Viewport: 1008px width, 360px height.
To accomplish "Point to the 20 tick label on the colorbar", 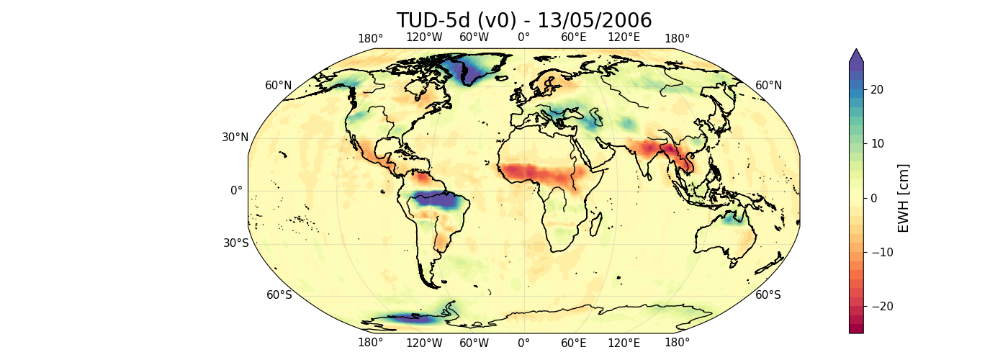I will point(878,89).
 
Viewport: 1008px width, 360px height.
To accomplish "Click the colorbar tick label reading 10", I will point(878,143).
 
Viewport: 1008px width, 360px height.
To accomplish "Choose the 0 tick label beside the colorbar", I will point(874,198).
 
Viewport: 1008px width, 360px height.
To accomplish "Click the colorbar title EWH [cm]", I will point(904,198).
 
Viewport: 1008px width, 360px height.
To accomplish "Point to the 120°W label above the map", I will point(424,37).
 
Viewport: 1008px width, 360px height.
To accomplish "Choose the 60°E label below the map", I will point(574,343).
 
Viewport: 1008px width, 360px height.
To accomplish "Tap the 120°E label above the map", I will point(624,37).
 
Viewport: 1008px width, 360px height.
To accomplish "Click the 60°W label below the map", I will point(474,343).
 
